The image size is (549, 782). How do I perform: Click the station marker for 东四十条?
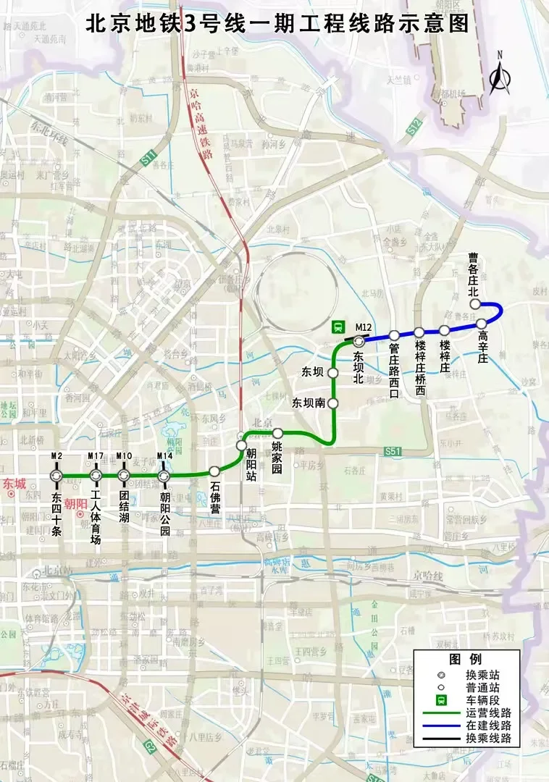[x=56, y=476]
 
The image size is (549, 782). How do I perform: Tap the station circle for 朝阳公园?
[x=164, y=476]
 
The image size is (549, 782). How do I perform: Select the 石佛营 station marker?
[x=214, y=471]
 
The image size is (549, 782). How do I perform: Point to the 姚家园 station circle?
[x=277, y=433]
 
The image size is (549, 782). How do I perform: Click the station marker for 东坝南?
[x=333, y=402]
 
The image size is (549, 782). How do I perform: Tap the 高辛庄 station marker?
[x=481, y=323]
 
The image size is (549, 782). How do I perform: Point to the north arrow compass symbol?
[x=498, y=75]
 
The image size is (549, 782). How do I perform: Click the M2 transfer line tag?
[x=56, y=456]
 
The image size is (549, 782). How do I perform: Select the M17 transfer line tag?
[x=96, y=456]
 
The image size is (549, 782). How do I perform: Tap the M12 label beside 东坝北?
[x=363, y=327]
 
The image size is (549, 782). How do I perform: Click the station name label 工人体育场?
[x=96, y=518]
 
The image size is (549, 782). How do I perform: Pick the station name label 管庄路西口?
[x=394, y=370]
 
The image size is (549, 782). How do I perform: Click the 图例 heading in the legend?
[x=465, y=659]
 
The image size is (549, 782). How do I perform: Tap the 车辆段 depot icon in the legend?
[x=440, y=700]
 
